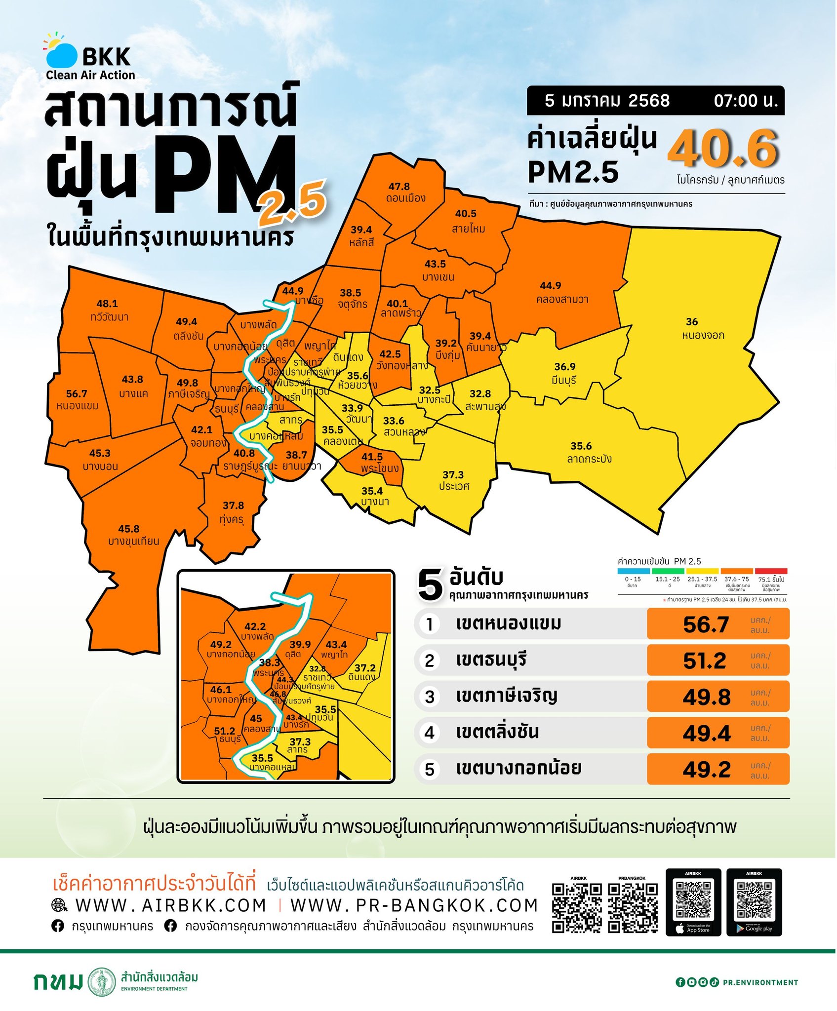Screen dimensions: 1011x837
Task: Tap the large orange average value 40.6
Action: coord(723,149)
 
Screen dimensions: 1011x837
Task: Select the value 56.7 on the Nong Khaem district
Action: coord(77,393)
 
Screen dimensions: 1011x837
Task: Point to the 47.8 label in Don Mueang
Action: coord(399,187)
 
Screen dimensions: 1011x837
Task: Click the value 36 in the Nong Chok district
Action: coord(692,322)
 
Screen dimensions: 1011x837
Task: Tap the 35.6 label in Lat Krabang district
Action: coord(581,446)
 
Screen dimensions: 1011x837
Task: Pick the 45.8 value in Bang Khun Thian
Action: coord(128,529)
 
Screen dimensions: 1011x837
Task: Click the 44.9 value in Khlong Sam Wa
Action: coord(550,286)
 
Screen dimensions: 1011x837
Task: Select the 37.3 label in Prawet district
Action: coord(453,475)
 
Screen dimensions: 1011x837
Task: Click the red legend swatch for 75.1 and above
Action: coord(771,571)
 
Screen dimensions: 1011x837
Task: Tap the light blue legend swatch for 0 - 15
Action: coord(633,571)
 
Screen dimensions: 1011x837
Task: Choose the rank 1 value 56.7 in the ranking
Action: coord(706,624)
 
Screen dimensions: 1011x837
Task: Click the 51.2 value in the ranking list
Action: coord(705,661)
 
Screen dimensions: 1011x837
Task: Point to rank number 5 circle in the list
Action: coord(430,769)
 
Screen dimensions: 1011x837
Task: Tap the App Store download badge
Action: coord(693,902)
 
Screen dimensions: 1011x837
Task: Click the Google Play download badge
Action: coord(754,902)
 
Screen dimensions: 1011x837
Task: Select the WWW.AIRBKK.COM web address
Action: coord(170,905)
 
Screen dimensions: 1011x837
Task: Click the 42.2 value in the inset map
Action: coord(255,626)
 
